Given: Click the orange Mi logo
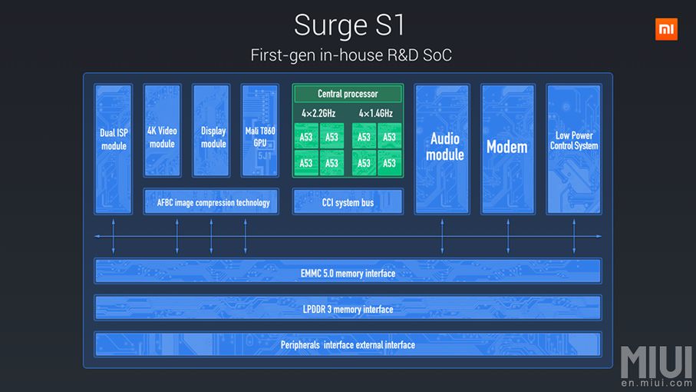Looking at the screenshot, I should (666, 30).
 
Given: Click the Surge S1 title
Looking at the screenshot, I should (349, 25).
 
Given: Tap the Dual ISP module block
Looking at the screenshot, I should (114, 148).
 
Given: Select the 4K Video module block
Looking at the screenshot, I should (162, 131).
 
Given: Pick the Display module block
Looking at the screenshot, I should (211, 131).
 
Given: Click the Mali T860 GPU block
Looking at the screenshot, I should (260, 131).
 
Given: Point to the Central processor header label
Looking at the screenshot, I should (348, 94).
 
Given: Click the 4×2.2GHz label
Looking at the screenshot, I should (319, 114).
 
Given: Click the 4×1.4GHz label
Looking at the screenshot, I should (376, 114).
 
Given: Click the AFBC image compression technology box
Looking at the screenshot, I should (213, 202).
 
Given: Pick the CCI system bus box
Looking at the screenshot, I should (348, 202).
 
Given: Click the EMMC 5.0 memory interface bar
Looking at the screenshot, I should (348, 272).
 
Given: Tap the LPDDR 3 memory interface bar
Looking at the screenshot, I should (348, 308).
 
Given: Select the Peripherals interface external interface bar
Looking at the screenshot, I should (348, 344).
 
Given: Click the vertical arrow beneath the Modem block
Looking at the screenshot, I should (507, 236).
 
